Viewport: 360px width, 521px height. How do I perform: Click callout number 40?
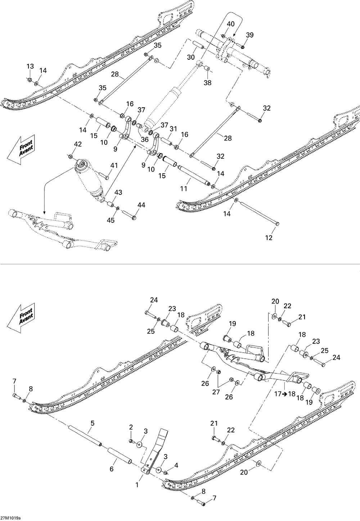[x=230, y=24]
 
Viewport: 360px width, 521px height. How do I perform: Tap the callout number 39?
[x=249, y=35]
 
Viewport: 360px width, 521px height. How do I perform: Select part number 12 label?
[x=269, y=238]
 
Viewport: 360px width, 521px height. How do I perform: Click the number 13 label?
[x=30, y=66]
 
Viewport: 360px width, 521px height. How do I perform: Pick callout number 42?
[x=77, y=144]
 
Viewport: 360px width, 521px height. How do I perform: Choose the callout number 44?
[x=141, y=205]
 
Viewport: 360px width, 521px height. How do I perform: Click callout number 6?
[x=112, y=469]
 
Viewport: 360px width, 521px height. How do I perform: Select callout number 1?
[x=137, y=485]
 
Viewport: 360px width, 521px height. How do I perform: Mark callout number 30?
[x=191, y=57]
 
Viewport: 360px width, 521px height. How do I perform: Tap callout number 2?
[x=131, y=427]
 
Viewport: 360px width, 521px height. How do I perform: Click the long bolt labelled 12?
[x=257, y=213]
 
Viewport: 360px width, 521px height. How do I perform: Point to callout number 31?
[x=174, y=129]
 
